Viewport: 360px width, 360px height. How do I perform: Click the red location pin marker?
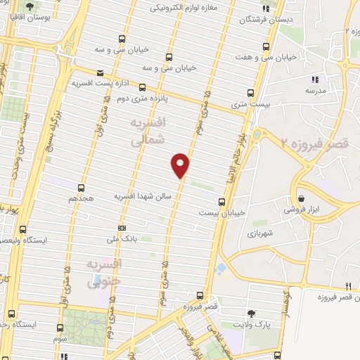pos(181,166)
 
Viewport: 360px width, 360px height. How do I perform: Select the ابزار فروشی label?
pos(302,210)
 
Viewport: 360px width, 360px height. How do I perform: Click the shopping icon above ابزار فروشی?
pos(302,199)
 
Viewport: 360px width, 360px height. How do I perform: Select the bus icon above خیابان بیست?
pos(221,202)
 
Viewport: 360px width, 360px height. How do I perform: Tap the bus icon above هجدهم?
pos(82,188)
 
